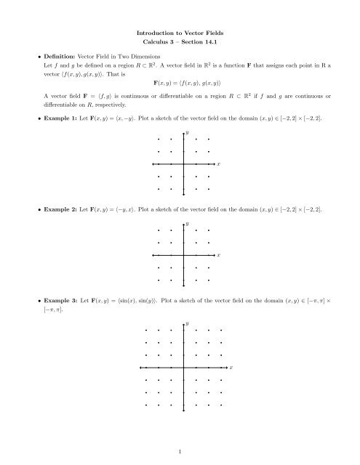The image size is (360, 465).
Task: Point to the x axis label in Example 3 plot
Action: click(x=231, y=368)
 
